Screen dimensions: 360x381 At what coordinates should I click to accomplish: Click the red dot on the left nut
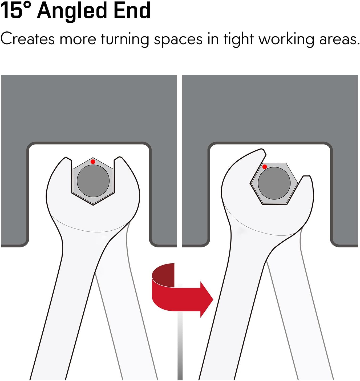pos(93,162)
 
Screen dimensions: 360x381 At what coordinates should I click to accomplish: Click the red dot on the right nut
pos(265,167)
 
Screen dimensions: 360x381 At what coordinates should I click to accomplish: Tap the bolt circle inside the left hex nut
pos(93,181)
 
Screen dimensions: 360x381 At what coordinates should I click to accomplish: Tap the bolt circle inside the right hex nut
pos(274,183)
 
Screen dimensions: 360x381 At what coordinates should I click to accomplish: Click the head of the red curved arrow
pos(207,300)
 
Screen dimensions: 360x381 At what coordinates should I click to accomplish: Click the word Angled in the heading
pos(72,11)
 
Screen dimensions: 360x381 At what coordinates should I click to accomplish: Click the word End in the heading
pos(132,10)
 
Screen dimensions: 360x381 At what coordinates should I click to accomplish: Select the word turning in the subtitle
pos(125,40)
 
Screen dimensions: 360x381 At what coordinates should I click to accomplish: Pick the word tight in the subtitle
pos(238,40)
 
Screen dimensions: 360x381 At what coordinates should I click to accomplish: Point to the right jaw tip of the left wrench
pos(119,157)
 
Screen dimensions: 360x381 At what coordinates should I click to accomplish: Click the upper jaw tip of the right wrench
pos(262,150)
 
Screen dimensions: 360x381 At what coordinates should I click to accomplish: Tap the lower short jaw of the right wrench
pos(306,186)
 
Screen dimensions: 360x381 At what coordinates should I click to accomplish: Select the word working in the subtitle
pos(286,40)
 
